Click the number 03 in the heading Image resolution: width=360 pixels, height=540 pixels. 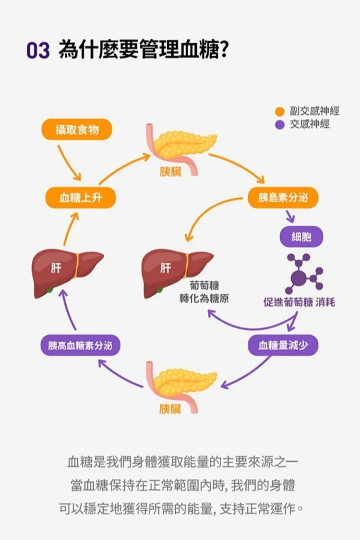[x=38, y=50]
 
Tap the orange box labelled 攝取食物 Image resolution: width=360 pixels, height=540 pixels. [x=77, y=130]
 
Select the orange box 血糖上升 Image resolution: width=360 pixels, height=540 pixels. [x=80, y=198]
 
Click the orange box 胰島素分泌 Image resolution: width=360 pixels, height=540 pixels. [x=283, y=198]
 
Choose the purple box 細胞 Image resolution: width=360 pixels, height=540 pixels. [x=301, y=236]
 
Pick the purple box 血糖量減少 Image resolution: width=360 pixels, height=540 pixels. [x=283, y=345]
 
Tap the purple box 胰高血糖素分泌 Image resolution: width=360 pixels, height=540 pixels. [x=80, y=345]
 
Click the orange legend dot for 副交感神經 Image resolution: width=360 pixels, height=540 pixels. [x=280, y=112]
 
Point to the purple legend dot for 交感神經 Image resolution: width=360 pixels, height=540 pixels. [x=280, y=125]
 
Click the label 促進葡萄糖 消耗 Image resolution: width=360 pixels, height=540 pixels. [x=299, y=302]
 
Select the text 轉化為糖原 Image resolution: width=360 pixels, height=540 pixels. [x=204, y=298]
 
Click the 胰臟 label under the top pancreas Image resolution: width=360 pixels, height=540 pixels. [x=170, y=172]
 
